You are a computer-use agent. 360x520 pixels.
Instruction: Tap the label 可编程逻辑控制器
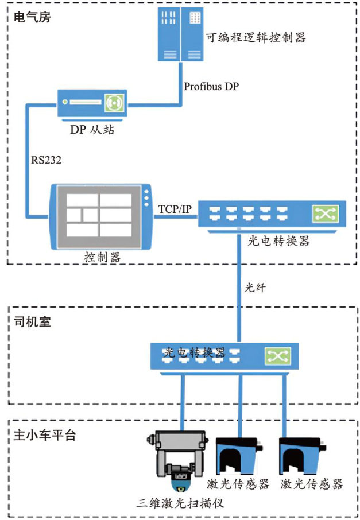point(256,38)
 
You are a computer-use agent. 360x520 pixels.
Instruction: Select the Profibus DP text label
point(211,87)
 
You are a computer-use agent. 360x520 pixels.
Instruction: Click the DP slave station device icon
point(92,104)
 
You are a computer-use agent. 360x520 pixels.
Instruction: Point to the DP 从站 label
point(92,130)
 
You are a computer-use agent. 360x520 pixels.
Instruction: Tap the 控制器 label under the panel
point(101,257)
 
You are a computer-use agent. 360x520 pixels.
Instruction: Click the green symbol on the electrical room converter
point(326,215)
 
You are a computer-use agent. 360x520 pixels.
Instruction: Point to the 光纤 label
point(255,287)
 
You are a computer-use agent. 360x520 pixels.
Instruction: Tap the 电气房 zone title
point(32,17)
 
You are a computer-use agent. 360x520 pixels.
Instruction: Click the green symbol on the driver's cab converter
point(278,356)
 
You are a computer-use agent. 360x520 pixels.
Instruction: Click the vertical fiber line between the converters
point(237,287)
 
